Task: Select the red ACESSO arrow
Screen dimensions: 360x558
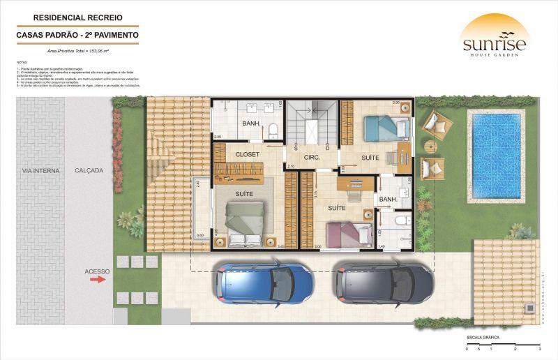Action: [98, 279]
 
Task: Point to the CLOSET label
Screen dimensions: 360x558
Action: [248, 153]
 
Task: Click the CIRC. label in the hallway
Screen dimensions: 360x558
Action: [311, 158]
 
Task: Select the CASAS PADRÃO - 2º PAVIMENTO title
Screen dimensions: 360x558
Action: [77, 34]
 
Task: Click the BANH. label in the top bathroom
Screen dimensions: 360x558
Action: [251, 124]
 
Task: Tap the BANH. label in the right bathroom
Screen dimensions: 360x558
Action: [388, 200]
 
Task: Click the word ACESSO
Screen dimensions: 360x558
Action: [97, 271]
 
